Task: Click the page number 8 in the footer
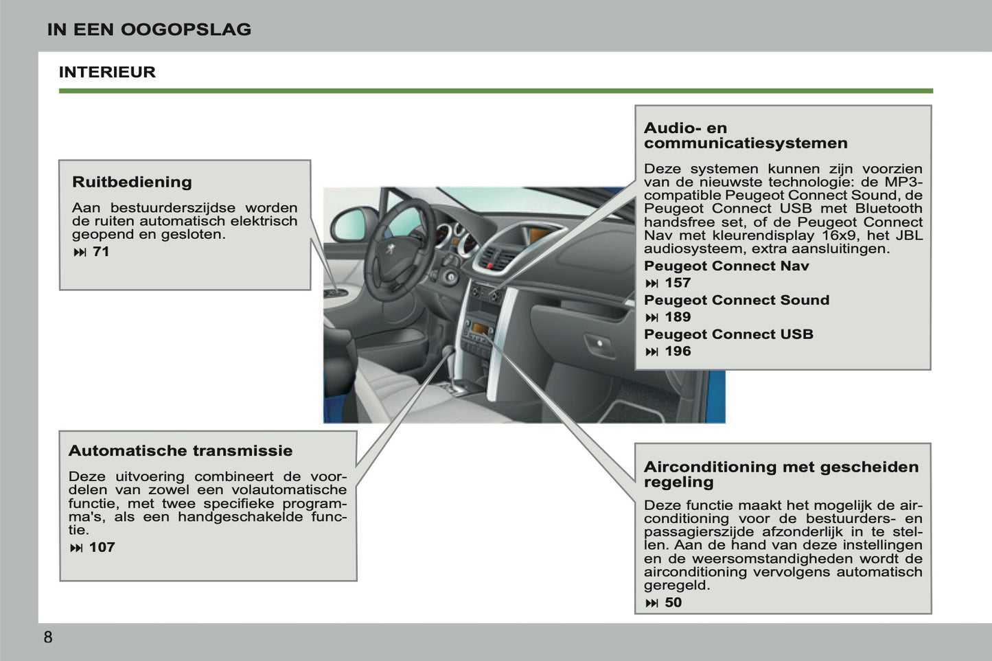tap(47, 637)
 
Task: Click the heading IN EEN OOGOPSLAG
tap(149, 30)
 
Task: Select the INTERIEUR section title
tap(107, 72)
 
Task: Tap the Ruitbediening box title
tap(132, 182)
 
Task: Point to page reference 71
tap(100, 252)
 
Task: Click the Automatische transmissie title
tap(180, 451)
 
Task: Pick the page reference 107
tap(102, 548)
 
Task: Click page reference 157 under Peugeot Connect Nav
tap(677, 283)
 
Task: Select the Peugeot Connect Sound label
tap(736, 300)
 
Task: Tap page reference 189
tap(677, 317)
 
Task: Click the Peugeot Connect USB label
tap(728, 334)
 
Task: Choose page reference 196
tap(677, 351)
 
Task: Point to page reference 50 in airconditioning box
tap(673, 603)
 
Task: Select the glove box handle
tap(599, 343)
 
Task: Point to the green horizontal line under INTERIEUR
tap(496, 91)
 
